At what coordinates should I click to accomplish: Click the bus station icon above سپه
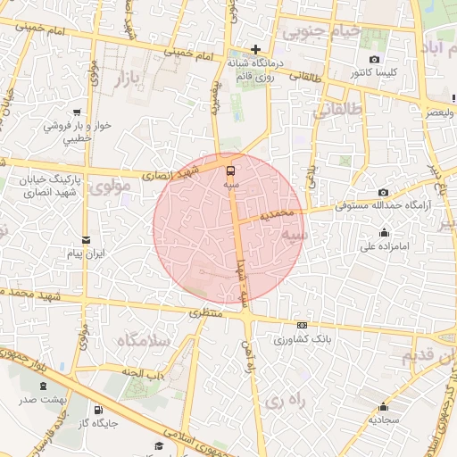(x=232, y=169)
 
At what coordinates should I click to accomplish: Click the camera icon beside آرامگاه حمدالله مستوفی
(x=384, y=192)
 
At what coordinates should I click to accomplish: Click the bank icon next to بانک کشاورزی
(x=302, y=326)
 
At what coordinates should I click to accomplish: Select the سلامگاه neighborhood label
(x=143, y=341)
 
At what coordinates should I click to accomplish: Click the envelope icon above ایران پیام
(x=86, y=239)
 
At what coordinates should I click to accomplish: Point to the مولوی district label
(x=111, y=187)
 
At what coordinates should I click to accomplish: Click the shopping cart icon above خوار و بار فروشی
(x=79, y=112)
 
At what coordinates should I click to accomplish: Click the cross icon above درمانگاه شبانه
(x=256, y=49)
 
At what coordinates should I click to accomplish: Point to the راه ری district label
(x=286, y=402)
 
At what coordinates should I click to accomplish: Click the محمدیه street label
(x=278, y=215)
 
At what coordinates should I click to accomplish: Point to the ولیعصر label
(x=432, y=113)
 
